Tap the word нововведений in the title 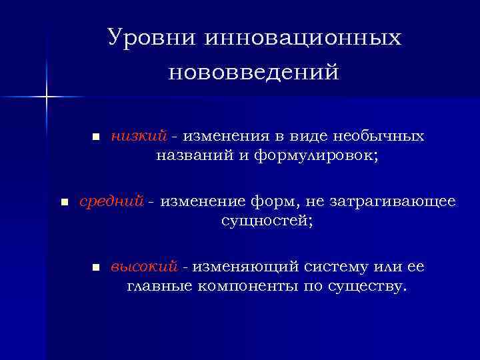(253, 71)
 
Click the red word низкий (139, 137)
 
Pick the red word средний (111, 201)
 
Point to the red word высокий (144, 267)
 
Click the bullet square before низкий (95, 137)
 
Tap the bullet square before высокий (95, 267)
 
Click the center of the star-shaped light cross (47, 97)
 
